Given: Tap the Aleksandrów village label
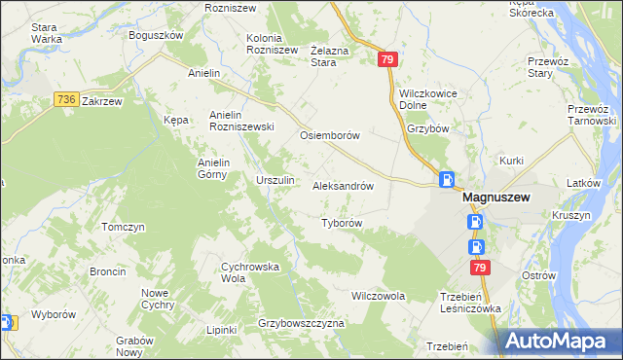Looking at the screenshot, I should pos(343,185).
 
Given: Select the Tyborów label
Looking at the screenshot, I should pos(342,223).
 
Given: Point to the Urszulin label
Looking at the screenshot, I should pos(275,181).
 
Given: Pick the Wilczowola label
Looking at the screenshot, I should pos(378,295).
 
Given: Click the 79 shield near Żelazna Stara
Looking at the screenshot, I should pos(387,60).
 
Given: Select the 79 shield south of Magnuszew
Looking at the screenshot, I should pos(479,267).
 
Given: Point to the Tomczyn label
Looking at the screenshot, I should pos(123,227).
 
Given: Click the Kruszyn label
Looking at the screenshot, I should pos(570,215).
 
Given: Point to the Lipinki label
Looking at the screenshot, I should pos(222,330).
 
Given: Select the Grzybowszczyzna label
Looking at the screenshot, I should pos(302,322).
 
